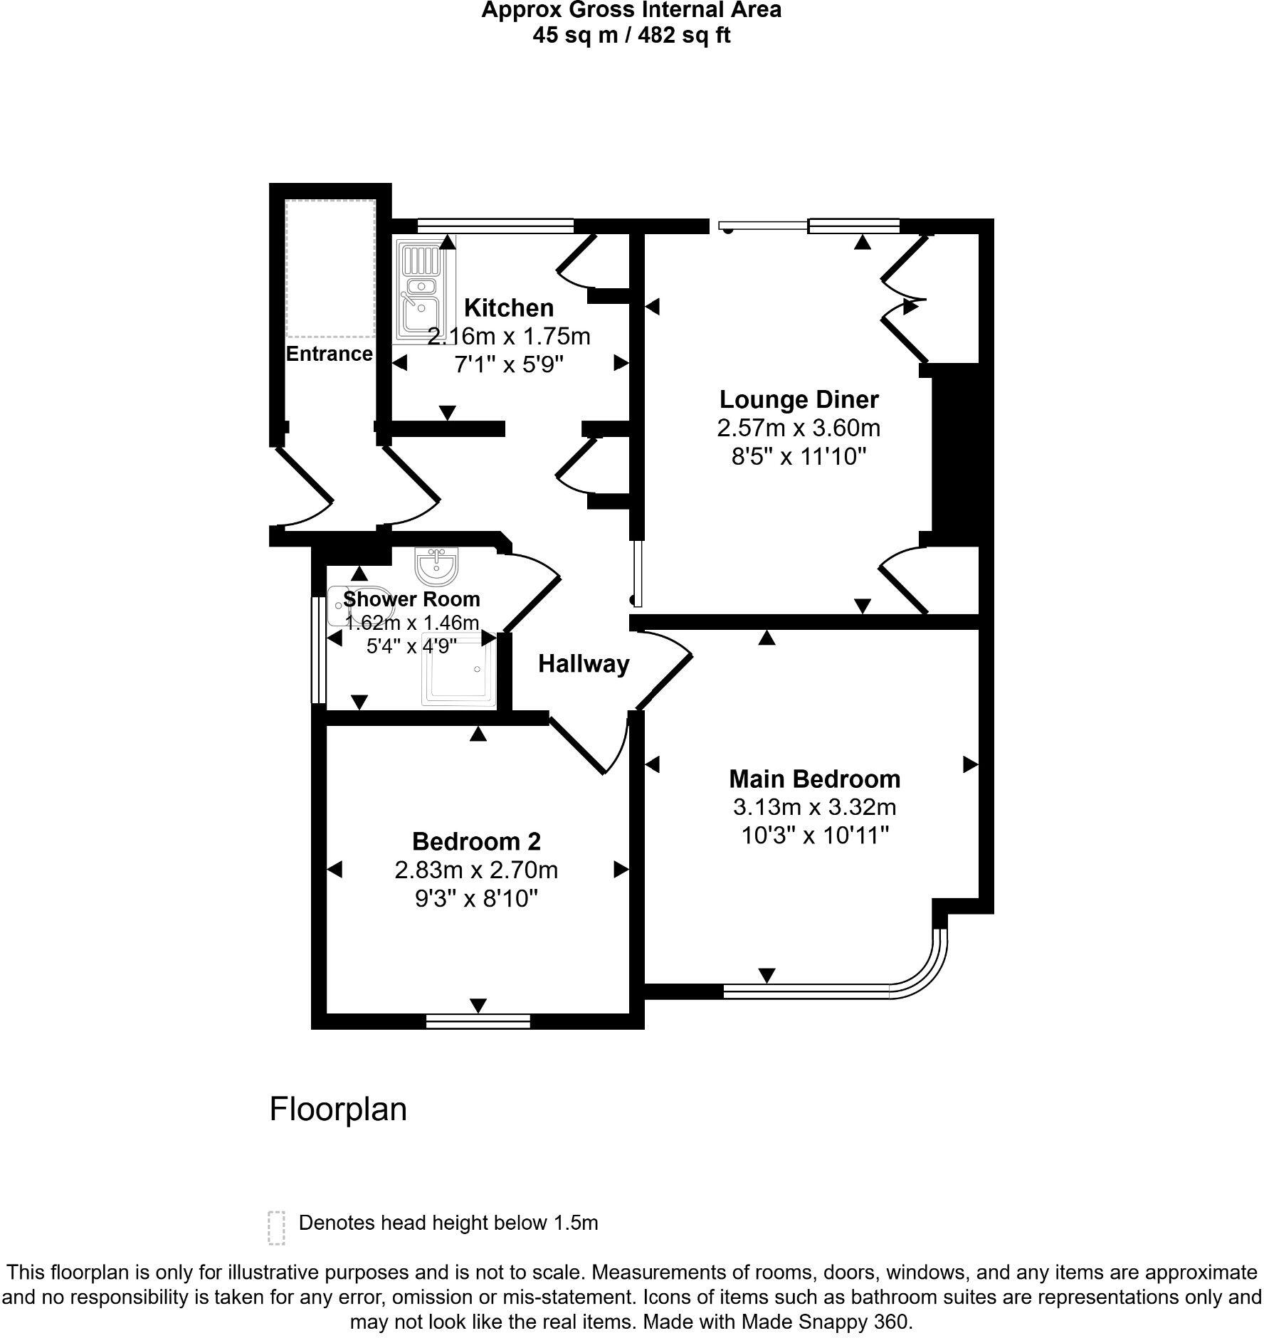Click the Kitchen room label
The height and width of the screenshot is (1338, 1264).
point(508,308)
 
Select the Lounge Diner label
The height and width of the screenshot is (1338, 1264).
point(799,399)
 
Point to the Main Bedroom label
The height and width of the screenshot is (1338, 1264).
point(814,779)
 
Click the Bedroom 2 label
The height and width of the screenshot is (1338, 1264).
point(476,841)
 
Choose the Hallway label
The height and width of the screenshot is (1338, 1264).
point(584,664)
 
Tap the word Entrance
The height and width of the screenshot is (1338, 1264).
point(329,354)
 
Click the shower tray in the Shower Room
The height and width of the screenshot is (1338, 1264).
point(459,669)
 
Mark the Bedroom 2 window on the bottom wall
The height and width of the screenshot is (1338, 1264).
point(478,1021)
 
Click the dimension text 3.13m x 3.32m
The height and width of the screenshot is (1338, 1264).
point(814,807)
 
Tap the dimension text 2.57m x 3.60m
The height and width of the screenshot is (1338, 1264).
point(799,428)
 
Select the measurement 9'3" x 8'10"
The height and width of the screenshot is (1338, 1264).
point(476,899)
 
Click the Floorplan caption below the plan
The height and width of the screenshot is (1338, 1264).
point(338,1110)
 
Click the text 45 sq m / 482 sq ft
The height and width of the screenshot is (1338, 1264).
point(631,36)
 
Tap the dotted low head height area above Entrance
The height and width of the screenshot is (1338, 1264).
point(330,269)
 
